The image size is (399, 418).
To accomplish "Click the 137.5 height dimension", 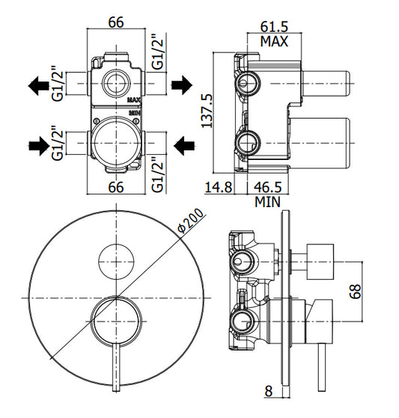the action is coord(207,111).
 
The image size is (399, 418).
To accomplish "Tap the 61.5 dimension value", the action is coord(275,27).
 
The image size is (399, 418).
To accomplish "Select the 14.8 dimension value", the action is coord(219,187).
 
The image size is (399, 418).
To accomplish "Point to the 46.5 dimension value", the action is coord(268,187).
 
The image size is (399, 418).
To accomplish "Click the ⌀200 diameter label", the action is coord(190,221).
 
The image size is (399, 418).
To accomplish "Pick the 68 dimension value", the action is coord(355,292).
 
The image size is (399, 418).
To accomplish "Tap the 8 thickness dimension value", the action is coord(269,391).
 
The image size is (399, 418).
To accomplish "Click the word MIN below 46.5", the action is coord(268,202).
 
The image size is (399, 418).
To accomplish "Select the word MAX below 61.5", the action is coord(275,42).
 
